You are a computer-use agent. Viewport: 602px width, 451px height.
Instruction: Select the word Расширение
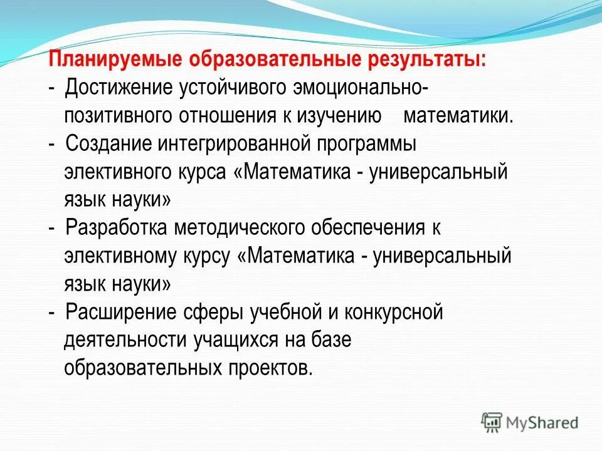point(116,312)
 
